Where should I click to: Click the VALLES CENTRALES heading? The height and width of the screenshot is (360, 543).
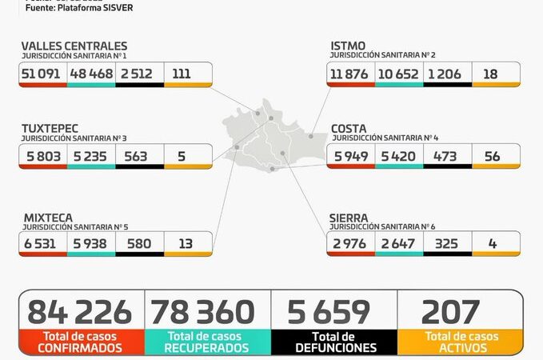click(74, 46)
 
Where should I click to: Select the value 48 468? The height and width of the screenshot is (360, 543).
click(91, 74)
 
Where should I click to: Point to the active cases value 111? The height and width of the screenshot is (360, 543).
click(182, 74)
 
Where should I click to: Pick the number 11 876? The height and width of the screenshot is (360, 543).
click(352, 74)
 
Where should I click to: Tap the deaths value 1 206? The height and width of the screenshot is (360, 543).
click(443, 74)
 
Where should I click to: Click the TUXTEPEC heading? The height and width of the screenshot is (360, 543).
click(50, 128)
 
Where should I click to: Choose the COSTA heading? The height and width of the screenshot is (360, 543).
click(349, 128)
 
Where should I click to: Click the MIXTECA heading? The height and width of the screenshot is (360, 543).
click(47, 217)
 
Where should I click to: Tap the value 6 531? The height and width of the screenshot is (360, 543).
click(41, 243)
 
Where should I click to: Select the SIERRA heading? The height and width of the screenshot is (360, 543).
click(349, 217)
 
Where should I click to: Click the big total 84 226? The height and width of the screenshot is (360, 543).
click(80, 312)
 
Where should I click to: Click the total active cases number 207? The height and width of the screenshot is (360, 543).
click(450, 312)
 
